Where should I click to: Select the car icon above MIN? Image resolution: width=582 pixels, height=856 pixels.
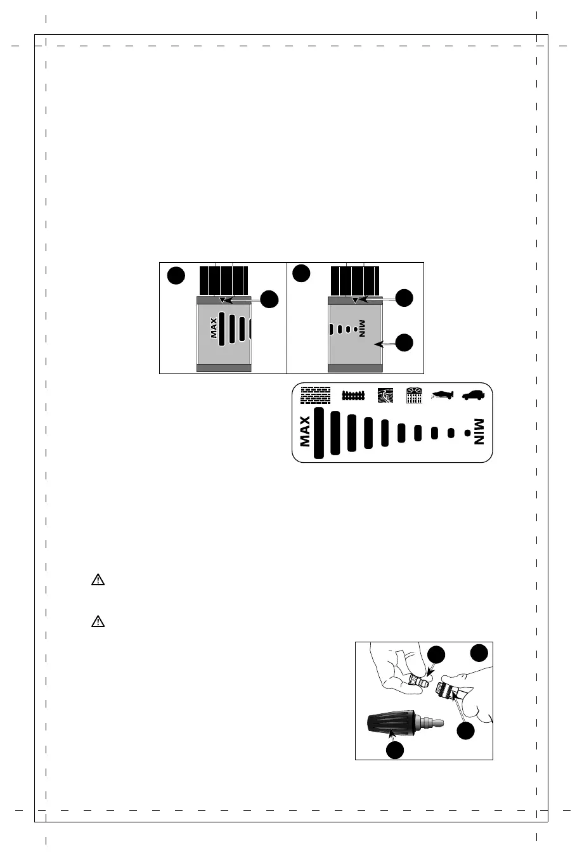[x=474, y=395]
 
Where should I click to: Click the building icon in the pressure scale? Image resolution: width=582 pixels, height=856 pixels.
[x=413, y=396]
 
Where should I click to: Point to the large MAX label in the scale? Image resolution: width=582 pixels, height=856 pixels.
[x=305, y=431]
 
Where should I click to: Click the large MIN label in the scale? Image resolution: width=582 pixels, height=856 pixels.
[x=479, y=431]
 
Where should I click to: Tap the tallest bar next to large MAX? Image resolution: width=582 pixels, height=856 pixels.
[x=319, y=432]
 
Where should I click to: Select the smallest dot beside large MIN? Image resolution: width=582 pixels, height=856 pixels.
[x=467, y=433]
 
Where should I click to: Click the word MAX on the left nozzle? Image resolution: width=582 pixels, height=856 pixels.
[x=214, y=328]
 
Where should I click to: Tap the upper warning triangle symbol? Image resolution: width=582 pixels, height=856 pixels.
[x=98, y=580]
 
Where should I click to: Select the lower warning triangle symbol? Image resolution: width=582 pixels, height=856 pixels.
[x=98, y=621]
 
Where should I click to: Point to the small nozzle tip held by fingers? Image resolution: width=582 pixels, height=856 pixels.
[x=420, y=682]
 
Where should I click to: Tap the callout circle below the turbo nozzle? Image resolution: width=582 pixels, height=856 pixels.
[x=395, y=750]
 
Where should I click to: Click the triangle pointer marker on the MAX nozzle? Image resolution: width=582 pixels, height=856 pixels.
[x=222, y=299]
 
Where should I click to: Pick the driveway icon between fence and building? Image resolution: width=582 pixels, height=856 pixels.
[x=385, y=396]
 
